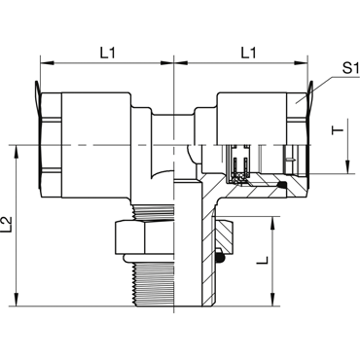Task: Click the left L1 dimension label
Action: (x=107, y=53)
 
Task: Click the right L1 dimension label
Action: (x=248, y=53)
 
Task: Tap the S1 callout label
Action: (x=351, y=68)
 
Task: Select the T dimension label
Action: (x=338, y=130)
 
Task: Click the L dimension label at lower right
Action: (x=263, y=260)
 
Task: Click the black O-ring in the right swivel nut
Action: (x=281, y=185)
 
